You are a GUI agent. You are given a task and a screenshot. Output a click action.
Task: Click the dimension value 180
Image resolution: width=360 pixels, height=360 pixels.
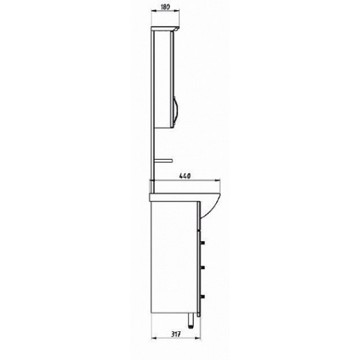click(x=166, y=6)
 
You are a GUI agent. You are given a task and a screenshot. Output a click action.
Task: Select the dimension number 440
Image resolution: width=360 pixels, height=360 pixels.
click(x=185, y=176)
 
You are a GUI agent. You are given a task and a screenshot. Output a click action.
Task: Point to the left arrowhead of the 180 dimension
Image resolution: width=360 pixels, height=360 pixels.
click(x=154, y=11)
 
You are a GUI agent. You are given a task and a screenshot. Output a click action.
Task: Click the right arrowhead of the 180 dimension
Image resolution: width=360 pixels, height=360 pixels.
click(x=177, y=11)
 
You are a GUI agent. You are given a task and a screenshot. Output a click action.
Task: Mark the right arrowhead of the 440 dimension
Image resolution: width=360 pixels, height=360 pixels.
click(x=217, y=180)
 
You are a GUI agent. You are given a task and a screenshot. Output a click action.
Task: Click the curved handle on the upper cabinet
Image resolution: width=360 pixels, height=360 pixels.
click(x=176, y=112)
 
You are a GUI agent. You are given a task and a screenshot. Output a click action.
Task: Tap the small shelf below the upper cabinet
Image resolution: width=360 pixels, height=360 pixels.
click(x=164, y=161)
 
